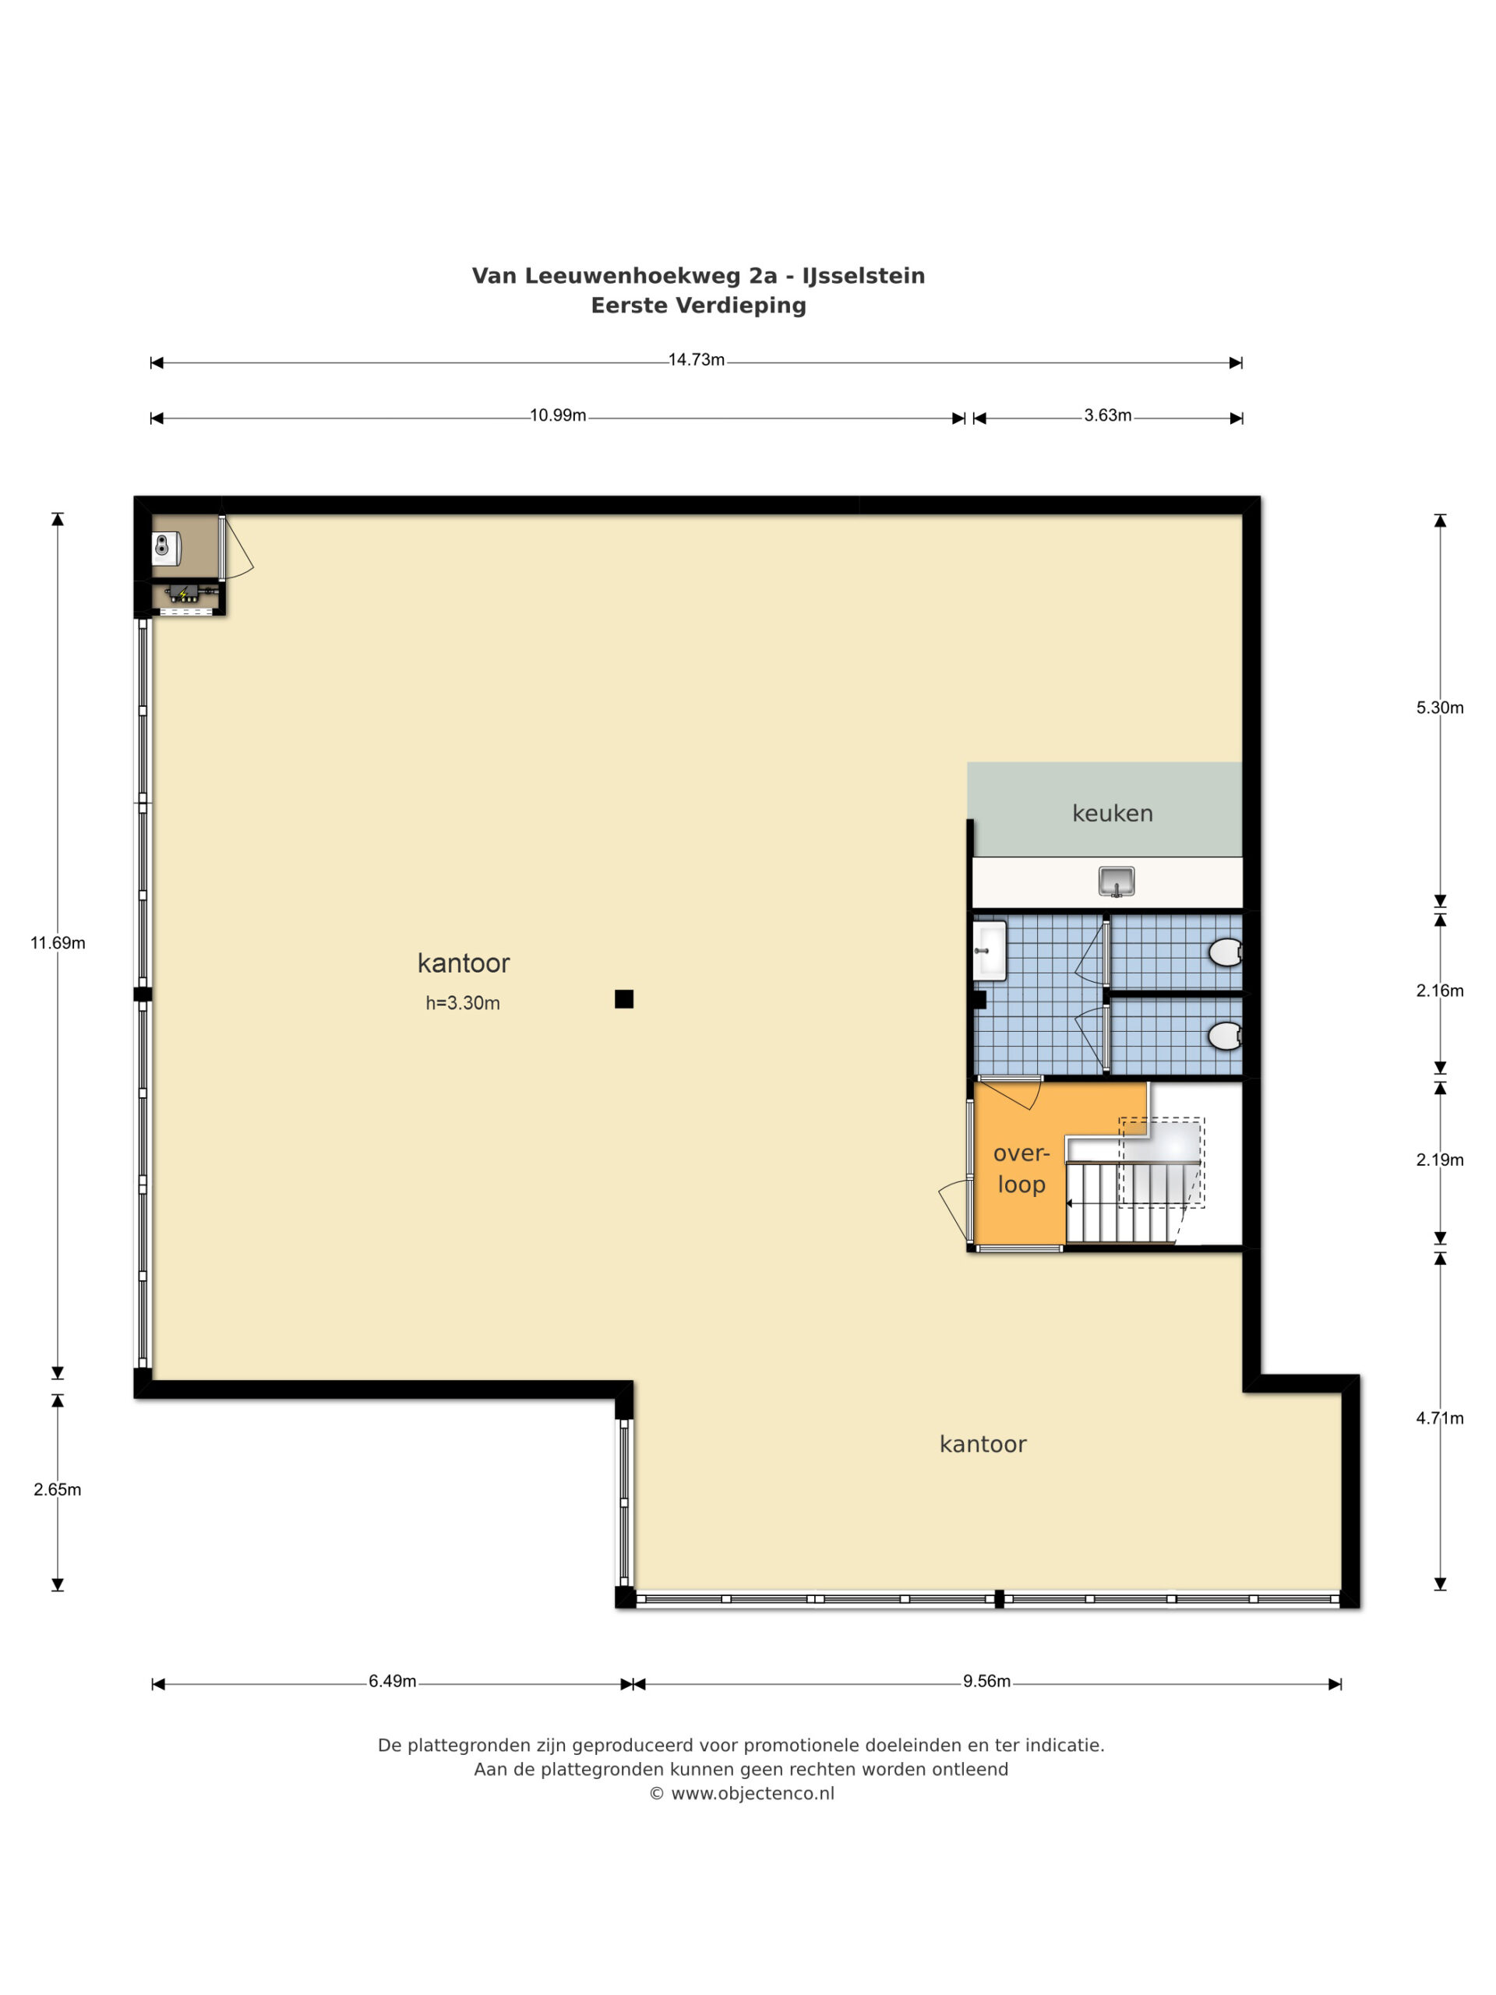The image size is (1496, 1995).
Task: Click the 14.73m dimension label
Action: (x=696, y=360)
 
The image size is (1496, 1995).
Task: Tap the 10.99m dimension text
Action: (x=557, y=416)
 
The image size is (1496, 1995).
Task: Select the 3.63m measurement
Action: (x=1107, y=416)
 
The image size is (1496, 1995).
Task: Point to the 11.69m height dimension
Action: (x=58, y=944)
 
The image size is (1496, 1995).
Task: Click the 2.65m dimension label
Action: (x=58, y=1490)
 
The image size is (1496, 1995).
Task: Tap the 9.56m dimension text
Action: (x=986, y=1681)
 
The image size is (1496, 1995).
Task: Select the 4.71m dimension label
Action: (x=1439, y=1418)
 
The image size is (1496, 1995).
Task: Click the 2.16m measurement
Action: (x=1439, y=991)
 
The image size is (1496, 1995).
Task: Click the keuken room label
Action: (x=1112, y=814)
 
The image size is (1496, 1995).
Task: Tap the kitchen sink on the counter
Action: (x=1117, y=881)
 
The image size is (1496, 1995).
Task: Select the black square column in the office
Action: (x=624, y=999)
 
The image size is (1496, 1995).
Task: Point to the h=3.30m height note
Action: (x=463, y=1003)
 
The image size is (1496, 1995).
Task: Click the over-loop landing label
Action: (x=1021, y=1169)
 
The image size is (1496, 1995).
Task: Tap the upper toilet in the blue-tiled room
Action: (x=1226, y=952)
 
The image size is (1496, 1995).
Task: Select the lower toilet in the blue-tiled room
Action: (x=1226, y=1036)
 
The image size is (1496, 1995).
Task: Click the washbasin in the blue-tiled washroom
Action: (x=990, y=951)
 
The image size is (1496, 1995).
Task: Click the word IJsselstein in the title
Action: (x=863, y=276)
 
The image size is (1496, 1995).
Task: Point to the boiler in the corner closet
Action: (x=167, y=546)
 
